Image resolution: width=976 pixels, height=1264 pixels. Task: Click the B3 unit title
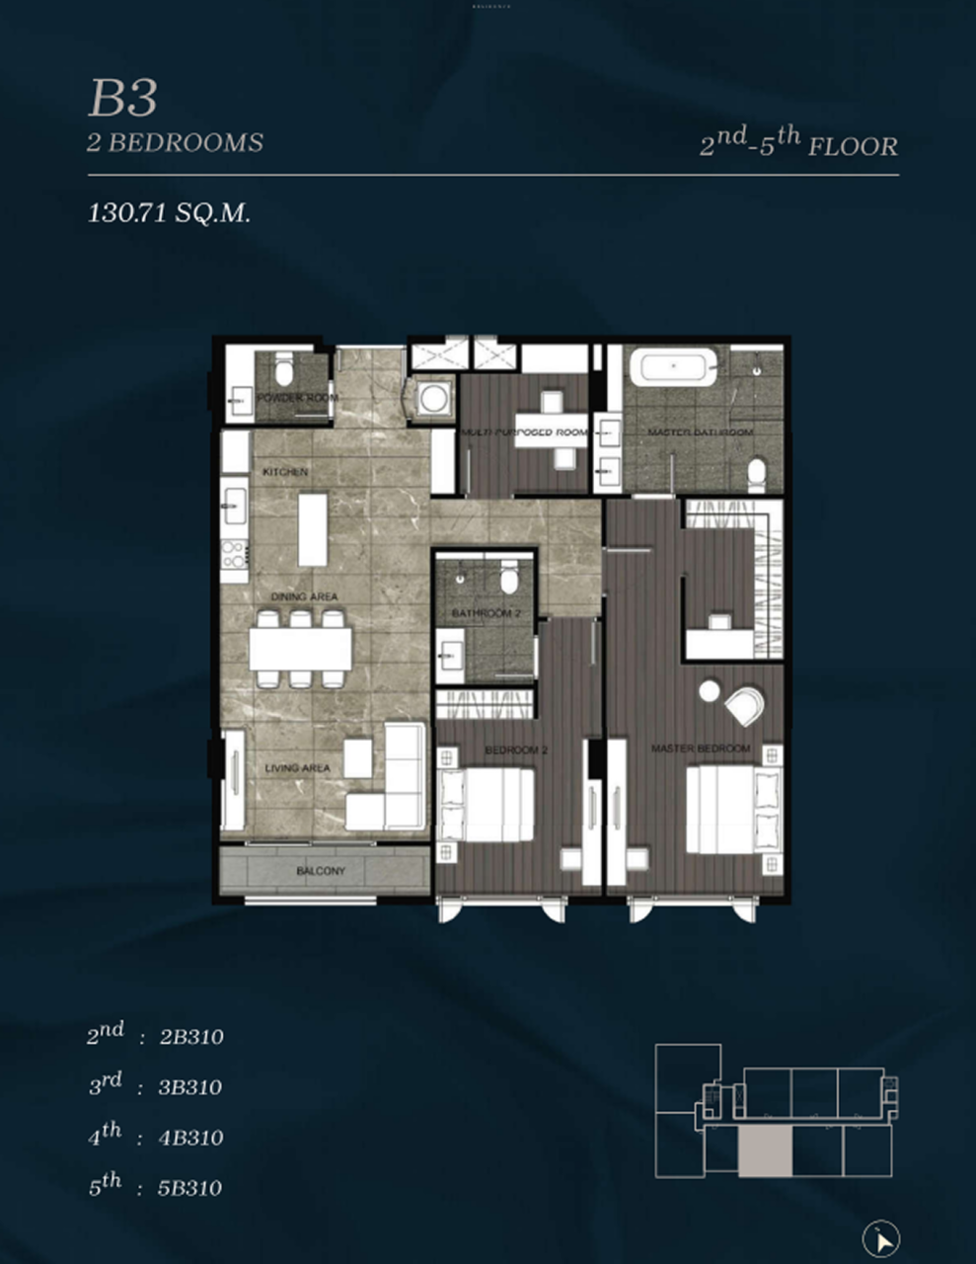(123, 98)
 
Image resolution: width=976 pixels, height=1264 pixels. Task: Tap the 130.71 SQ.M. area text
(169, 212)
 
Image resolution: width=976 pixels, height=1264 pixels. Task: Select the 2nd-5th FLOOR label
(798, 144)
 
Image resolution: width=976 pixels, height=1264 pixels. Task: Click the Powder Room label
(297, 398)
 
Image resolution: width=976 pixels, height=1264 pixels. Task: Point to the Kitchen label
(285, 472)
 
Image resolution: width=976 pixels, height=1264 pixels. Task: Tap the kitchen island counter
(313, 529)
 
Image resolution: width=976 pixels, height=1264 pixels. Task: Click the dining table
(300, 649)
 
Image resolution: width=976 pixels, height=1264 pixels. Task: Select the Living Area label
(297, 768)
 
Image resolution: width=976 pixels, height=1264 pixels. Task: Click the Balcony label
(321, 871)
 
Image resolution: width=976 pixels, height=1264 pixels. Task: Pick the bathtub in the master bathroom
(673, 367)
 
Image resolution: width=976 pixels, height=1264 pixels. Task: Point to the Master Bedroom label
(700, 749)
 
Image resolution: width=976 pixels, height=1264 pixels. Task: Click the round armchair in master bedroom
(743, 705)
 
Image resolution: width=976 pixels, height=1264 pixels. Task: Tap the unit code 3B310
(191, 1087)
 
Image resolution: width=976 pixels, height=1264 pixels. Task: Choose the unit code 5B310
(189, 1188)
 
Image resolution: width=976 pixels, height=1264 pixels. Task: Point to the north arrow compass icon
(881, 1238)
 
